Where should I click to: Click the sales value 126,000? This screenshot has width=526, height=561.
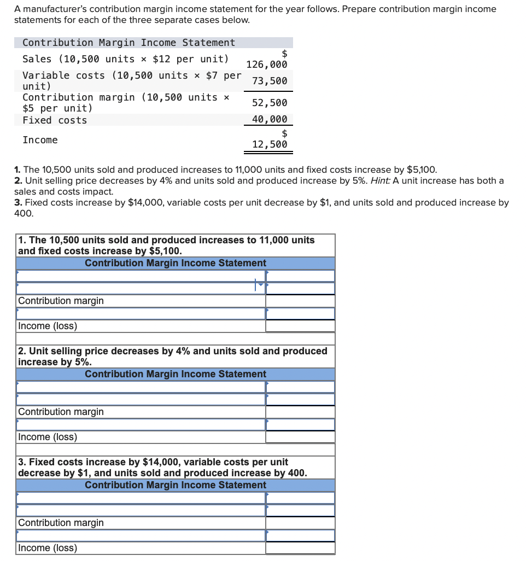click(x=267, y=65)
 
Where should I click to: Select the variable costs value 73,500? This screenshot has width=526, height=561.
click(x=270, y=81)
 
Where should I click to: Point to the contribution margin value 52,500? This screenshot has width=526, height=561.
click(x=270, y=103)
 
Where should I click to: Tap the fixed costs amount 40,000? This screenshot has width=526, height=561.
click(x=270, y=120)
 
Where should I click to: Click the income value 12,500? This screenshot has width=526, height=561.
click(x=270, y=144)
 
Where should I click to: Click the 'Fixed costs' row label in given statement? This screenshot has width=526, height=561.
click(x=55, y=120)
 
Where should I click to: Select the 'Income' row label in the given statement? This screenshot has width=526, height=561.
click(x=40, y=141)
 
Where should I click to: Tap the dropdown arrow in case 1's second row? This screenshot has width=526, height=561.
click(x=260, y=284)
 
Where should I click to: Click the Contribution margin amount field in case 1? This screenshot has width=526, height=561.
click(x=300, y=301)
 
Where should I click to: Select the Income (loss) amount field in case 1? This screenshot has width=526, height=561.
click(x=300, y=326)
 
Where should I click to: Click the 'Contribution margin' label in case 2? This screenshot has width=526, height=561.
click(x=61, y=412)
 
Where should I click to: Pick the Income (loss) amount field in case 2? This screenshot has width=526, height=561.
click(x=300, y=437)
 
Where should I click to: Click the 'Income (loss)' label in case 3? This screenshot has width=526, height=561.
click(x=48, y=548)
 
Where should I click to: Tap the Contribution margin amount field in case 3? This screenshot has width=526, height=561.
click(x=300, y=523)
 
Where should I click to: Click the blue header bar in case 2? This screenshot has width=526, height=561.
click(x=176, y=374)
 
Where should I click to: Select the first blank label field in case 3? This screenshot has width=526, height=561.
click(x=141, y=498)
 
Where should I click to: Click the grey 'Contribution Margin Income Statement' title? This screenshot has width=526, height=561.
click(x=128, y=43)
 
